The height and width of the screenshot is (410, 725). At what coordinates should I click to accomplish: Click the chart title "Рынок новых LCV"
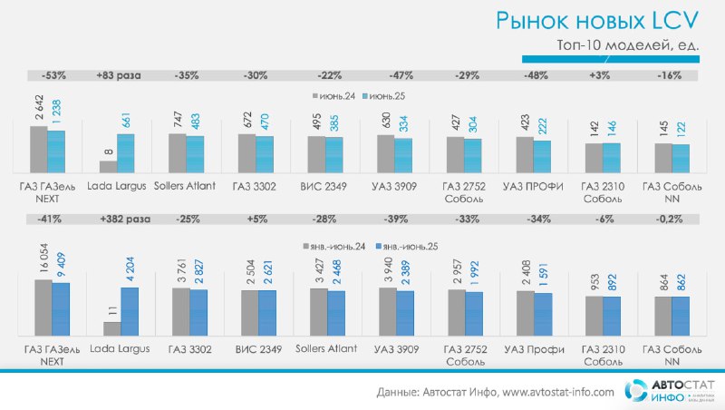tap(597, 21)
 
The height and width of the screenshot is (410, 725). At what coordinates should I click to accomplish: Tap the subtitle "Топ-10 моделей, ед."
tap(628, 45)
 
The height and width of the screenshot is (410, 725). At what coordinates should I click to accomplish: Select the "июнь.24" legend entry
tap(333, 96)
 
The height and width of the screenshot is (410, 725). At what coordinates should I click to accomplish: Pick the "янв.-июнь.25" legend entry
tap(407, 247)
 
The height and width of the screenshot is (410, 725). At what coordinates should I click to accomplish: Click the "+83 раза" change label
tap(119, 75)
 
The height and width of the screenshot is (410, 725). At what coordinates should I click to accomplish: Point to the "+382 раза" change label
tap(125, 219)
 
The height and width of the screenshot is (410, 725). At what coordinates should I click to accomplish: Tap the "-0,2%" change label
tap(669, 219)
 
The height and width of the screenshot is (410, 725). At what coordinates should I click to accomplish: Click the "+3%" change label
tap(600, 75)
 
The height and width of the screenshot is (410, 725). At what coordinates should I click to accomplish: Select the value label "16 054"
tap(43, 258)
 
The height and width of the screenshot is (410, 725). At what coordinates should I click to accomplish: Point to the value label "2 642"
tap(39, 107)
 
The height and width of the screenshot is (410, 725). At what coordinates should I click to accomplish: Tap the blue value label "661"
tap(126, 121)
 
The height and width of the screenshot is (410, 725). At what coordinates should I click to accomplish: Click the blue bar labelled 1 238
tap(56, 151)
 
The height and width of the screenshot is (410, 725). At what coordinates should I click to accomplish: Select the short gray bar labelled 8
tap(108, 167)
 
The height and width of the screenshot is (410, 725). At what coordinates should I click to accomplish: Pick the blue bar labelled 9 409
tap(61, 309)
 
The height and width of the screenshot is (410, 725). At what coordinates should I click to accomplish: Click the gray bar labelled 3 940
tap(388, 311)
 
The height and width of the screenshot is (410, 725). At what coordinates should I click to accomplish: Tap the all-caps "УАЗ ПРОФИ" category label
tap(533, 187)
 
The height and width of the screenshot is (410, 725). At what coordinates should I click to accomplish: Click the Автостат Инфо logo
tap(669, 391)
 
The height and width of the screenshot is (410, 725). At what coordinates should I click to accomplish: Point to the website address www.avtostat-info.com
tap(558, 393)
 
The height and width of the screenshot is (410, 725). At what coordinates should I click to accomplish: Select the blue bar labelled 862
tap(681, 316)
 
